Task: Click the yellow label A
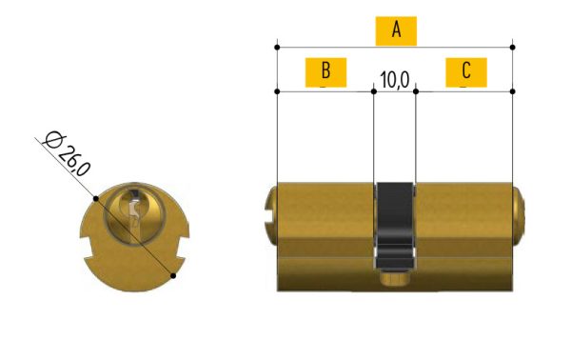click(x=396, y=30)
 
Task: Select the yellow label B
click(x=325, y=72)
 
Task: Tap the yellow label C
click(x=466, y=72)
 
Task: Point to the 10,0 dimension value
click(x=395, y=80)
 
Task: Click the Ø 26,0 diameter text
click(x=67, y=154)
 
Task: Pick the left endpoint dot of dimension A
click(x=277, y=48)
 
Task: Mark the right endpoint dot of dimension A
click(x=512, y=48)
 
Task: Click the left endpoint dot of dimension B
click(x=277, y=91)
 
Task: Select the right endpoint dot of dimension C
click(x=512, y=91)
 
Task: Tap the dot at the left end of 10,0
click(x=374, y=91)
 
